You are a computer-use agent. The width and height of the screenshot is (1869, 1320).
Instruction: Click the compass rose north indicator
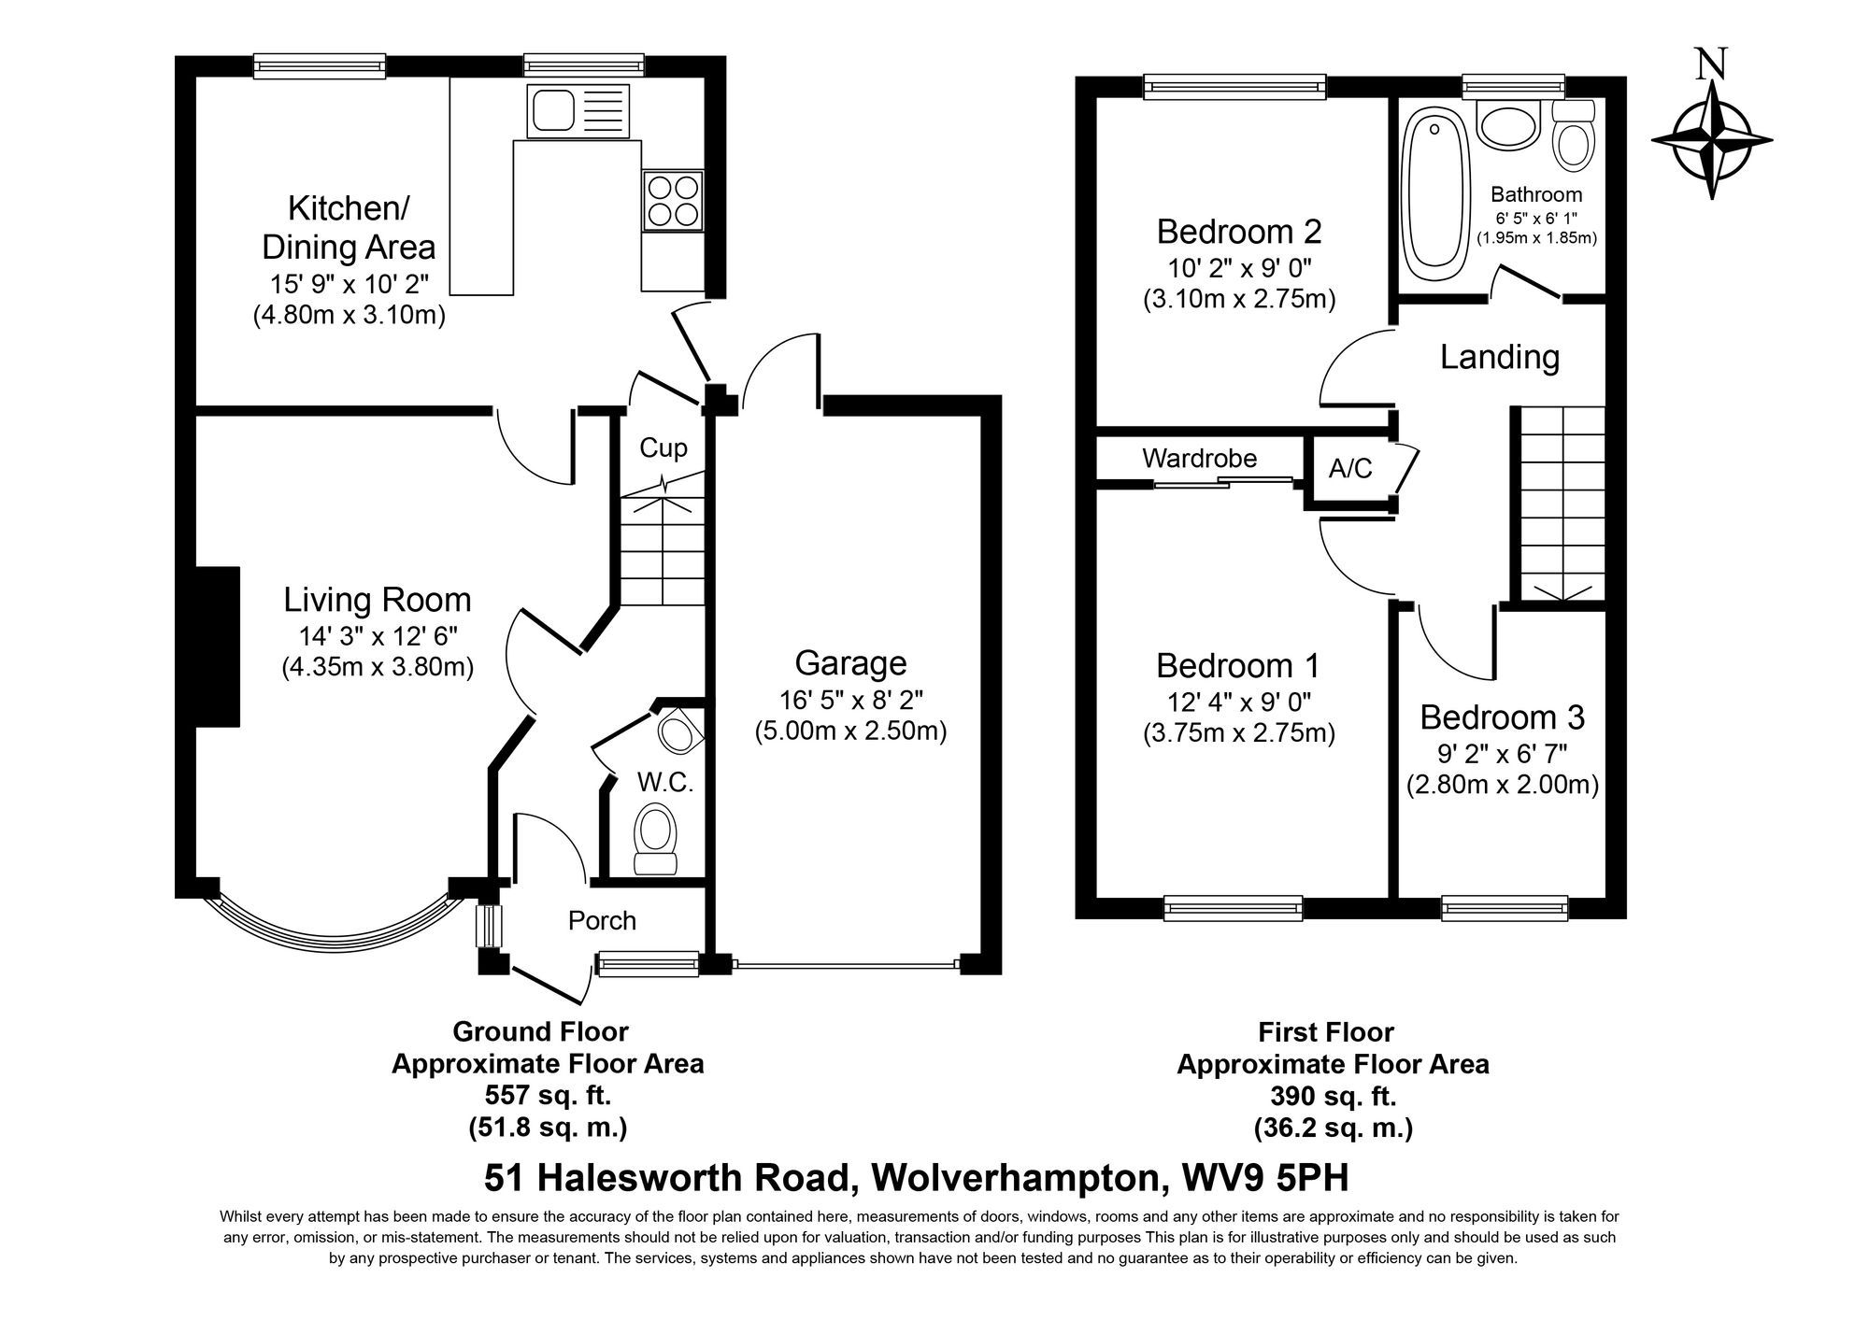click(1711, 140)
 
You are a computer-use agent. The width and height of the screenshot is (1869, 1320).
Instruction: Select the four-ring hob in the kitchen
click(673, 199)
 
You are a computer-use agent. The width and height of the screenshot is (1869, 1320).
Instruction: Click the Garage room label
click(850, 663)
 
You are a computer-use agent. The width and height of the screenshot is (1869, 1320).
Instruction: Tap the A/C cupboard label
click(1350, 468)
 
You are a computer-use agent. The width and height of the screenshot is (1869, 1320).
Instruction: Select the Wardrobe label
click(1199, 459)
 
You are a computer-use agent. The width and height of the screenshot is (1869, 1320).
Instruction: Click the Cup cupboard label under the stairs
click(663, 448)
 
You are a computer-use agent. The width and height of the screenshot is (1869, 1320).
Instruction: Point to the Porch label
click(602, 921)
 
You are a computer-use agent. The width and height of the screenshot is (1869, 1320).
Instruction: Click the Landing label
click(1499, 357)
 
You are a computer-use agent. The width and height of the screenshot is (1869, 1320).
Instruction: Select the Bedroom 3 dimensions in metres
click(1502, 785)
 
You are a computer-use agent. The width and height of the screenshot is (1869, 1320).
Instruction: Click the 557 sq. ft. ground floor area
click(548, 1095)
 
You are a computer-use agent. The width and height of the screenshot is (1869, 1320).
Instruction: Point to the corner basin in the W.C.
click(678, 731)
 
